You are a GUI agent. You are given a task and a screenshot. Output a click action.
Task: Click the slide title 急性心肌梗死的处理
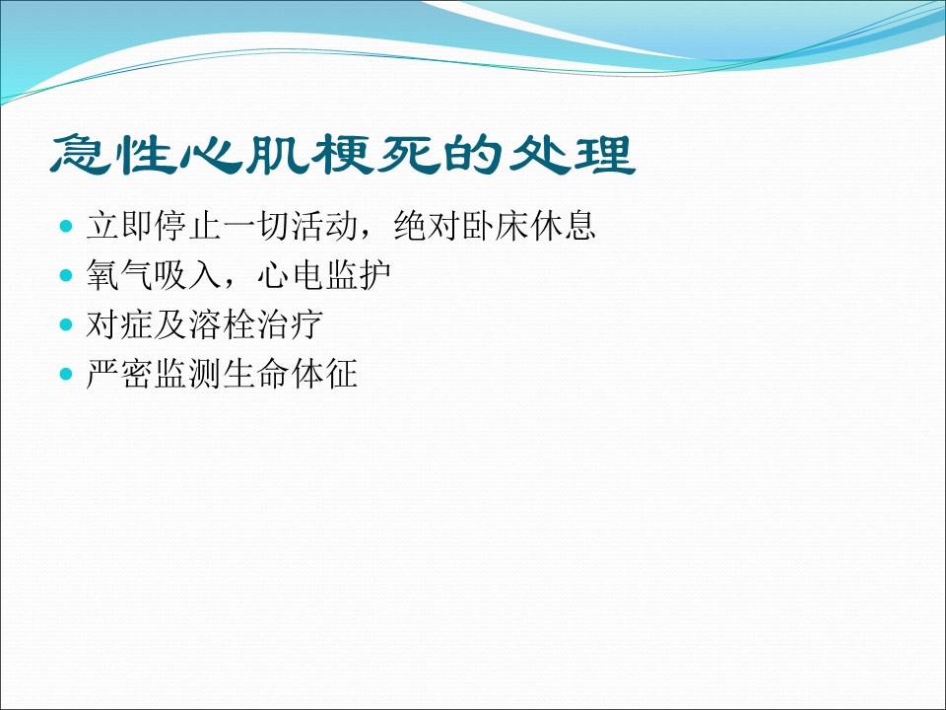click(x=343, y=155)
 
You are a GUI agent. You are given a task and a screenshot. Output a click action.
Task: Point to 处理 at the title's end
click(x=573, y=155)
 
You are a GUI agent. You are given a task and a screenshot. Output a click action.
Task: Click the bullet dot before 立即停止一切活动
click(x=66, y=227)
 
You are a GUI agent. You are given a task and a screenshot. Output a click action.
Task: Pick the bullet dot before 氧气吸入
click(x=66, y=276)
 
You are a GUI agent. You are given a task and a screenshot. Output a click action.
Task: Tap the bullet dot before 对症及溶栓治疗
click(x=66, y=325)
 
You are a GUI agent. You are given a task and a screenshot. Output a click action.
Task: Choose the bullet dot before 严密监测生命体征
click(x=66, y=375)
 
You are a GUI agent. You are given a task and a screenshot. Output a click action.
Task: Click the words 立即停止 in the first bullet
click(x=154, y=226)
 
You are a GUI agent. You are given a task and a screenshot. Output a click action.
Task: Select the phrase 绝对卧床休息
click(x=495, y=226)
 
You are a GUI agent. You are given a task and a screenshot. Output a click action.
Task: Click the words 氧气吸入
click(x=154, y=275)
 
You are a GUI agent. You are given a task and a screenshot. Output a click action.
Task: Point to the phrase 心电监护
click(x=324, y=275)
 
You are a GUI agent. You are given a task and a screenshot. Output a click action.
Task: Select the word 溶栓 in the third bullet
click(x=222, y=324)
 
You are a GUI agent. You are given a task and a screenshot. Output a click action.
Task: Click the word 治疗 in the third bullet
click(x=290, y=324)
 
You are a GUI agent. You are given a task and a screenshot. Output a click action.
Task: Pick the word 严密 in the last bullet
click(x=119, y=374)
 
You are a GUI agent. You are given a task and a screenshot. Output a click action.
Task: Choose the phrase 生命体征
click(x=290, y=374)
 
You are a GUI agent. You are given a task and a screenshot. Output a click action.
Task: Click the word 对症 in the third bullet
click(x=119, y=324)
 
